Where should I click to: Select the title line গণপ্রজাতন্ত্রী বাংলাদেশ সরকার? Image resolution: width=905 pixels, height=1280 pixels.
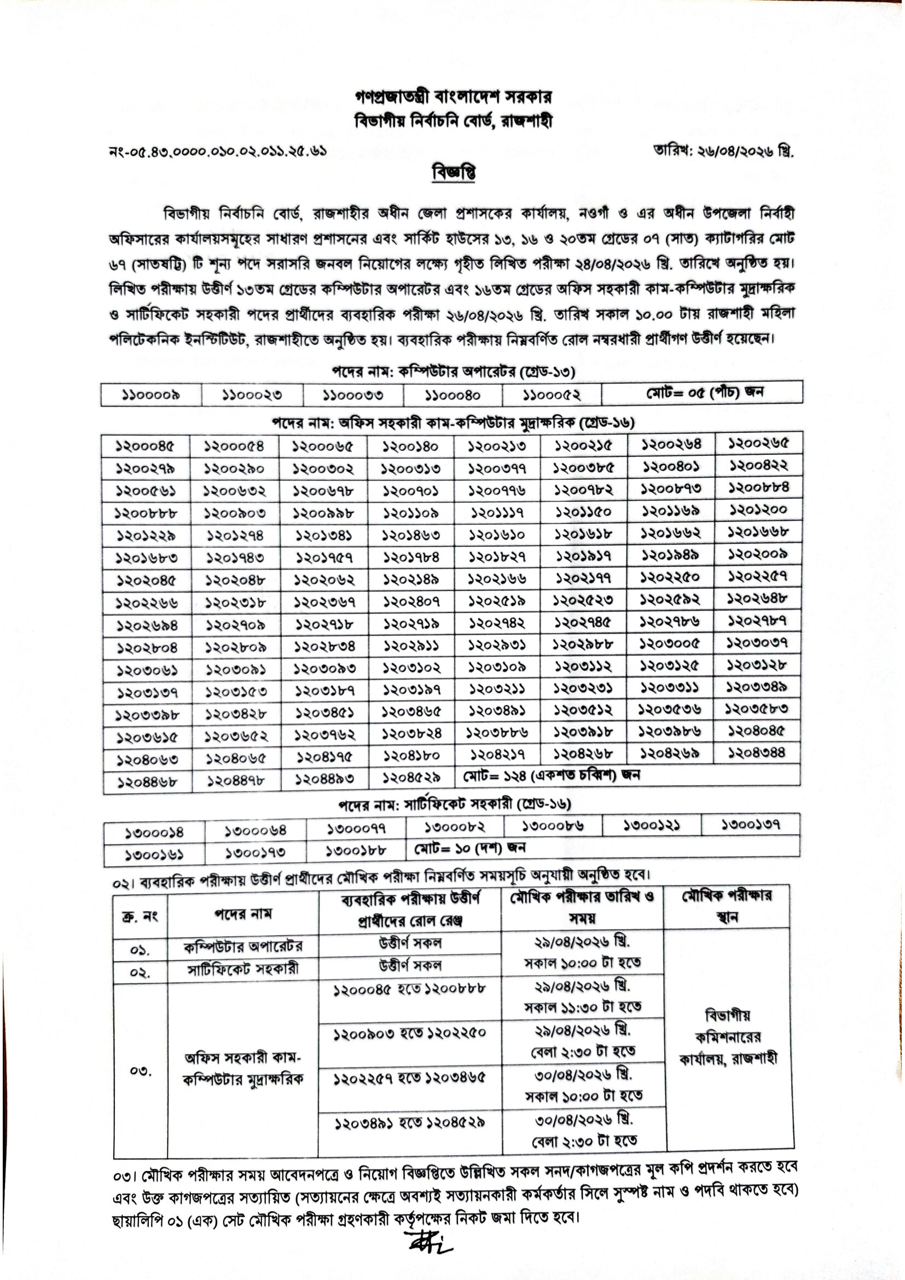tap(453, 97)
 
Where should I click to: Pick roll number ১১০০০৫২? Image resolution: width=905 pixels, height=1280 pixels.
tap(551, 395)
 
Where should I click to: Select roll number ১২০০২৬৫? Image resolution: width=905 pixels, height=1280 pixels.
tap(758, 444)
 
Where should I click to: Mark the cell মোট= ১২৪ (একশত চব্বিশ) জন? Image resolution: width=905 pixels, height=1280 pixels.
tap(552, 775)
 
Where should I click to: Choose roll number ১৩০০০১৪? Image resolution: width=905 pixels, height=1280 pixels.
tap(154, 833)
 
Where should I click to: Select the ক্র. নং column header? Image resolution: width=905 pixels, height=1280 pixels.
tap(140, 916)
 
